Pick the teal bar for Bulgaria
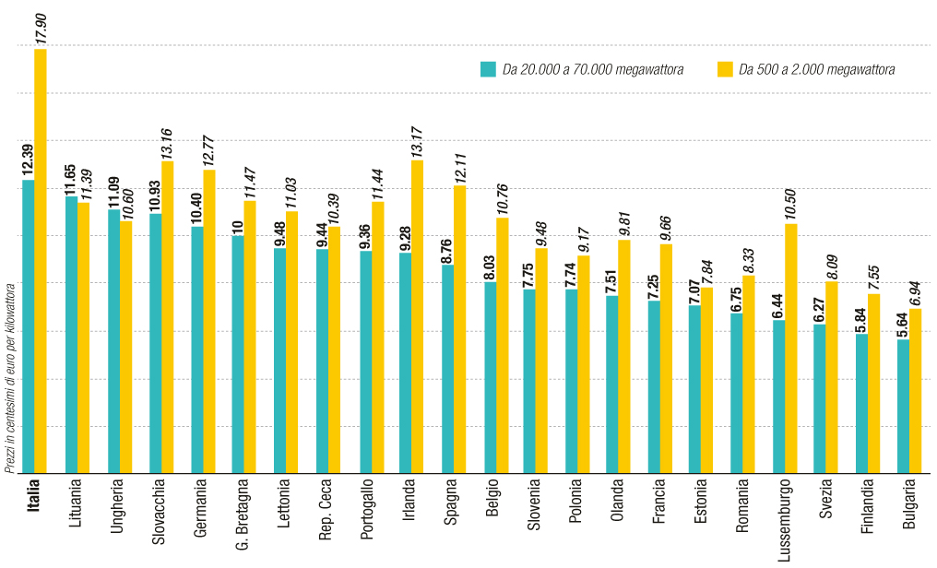pyautogui.click(x=903, y=406)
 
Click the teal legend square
pyautogui.click(x=488, y=69)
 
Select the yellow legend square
pyautogui.click(x=724, y=69)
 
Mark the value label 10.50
pyautogui.click(x=790, y=204)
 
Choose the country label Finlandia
pyautogui.click(x=864, y=508)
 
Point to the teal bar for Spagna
pyautogui.click(x=447, y=368)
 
